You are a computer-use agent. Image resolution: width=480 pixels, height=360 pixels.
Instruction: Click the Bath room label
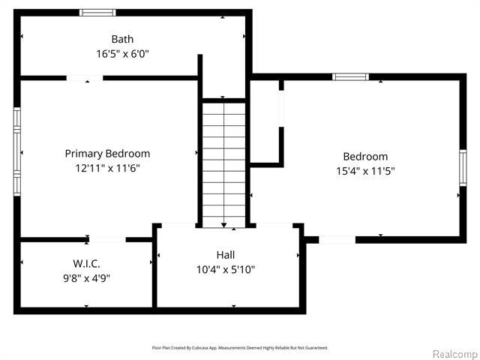[x=123, y=39]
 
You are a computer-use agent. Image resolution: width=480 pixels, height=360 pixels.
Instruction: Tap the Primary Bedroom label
[x=107, y=154]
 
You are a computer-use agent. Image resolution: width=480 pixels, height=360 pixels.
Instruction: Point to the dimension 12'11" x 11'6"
[x=107, y=168]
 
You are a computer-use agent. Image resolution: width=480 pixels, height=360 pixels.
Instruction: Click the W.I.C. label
[x=87, y=263]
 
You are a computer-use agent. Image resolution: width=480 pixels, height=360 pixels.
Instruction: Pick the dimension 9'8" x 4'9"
[x=87, y=278]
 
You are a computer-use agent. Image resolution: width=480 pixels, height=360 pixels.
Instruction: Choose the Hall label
[x=226, y=255]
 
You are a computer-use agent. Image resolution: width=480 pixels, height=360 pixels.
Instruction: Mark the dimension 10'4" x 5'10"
[x=226, y=269]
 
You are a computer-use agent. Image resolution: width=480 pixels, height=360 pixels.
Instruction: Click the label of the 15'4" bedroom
[x=365, y=157]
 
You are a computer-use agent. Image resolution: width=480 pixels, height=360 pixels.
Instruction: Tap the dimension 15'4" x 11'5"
[x=365, y=171]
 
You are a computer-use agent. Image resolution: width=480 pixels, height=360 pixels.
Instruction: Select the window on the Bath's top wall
[x=97, y=13]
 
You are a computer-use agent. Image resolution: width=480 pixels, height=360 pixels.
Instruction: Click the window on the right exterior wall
[x=463, y=175]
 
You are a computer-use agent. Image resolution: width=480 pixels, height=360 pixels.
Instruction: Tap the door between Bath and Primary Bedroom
[x=85, y=77]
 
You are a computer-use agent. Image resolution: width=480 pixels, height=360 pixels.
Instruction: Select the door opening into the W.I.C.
[x=107, y=239]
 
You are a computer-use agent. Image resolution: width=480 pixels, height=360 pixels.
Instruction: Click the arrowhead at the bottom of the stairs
[x=223, y=223]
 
